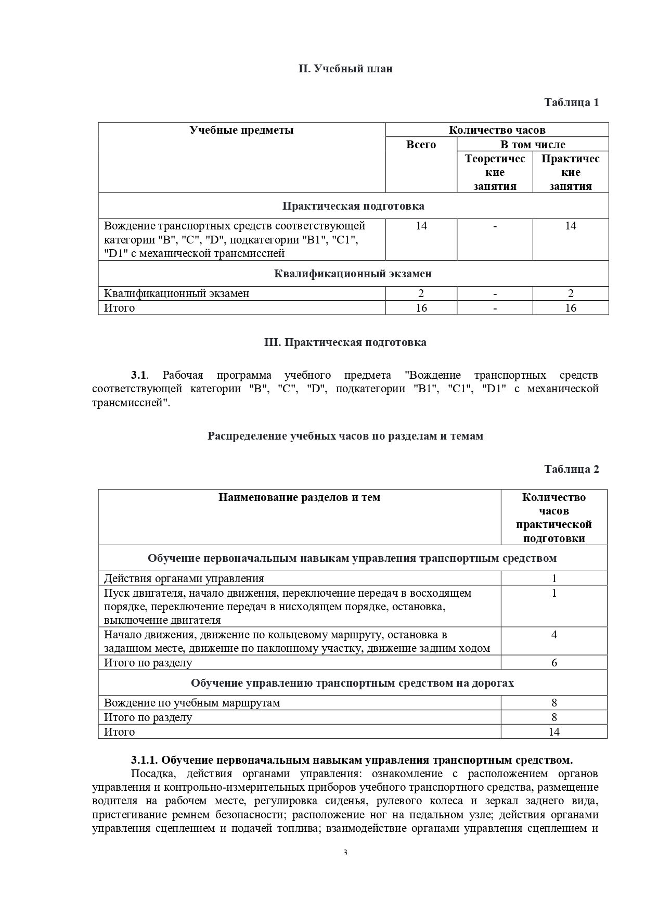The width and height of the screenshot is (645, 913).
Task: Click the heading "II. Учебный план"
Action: [x=345, y=69]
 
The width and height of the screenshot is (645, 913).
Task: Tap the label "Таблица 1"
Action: [x=571, y=102]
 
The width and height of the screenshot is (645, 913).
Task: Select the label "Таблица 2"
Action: [x=571, y=469]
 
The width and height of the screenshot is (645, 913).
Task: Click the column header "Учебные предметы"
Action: [x=241, y=130]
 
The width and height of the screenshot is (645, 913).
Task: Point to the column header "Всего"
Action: [x=421, y=145]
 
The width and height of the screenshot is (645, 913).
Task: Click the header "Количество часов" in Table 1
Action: [x=497, y=130]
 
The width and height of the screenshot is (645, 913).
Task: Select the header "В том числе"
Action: [x=533, y=145]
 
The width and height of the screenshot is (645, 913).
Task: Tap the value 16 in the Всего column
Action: [x=421, y=308]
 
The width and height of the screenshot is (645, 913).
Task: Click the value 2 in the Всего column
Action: [x=421, y=293]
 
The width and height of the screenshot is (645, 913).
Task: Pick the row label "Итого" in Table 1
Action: [x=119, y=308]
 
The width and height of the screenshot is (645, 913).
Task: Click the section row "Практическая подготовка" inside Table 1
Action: [x=353, y=206]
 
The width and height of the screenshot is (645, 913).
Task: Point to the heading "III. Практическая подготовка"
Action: [x=345, y=342]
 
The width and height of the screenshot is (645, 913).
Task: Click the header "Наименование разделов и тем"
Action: [x=299, y=497]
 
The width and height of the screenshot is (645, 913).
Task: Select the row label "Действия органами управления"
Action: [x=184, y=578]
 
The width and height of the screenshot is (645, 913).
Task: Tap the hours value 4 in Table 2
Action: [x=554, y=635]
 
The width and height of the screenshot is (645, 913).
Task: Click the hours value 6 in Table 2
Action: [x=554, y=663]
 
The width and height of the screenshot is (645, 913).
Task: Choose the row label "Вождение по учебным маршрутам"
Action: [x=192, y=703]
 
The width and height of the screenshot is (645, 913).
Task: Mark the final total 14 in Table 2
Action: [x=554, y=732]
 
